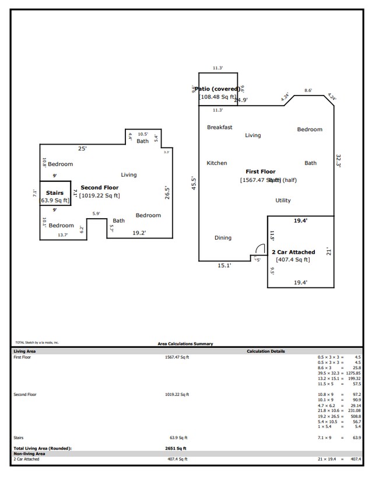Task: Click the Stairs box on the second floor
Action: (x=55, y=193)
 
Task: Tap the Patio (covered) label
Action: (x=217, y=89)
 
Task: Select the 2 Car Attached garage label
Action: (x=293, y=252)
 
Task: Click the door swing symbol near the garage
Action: (x=260, y=250)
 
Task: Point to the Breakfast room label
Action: (x=220, y=127)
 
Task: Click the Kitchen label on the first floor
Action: (x=217, y=163)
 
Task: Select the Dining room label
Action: (x=223, y=238)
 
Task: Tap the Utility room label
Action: (x=283, y=201)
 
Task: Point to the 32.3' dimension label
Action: (x=339, y=160)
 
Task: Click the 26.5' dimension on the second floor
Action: (x=167, y=192)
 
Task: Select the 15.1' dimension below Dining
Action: (x=224, y=266)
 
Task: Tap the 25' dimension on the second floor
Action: (x=82, y=149)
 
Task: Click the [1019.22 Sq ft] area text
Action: (x=99, y=195)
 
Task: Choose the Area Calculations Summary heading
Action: (x=185, y=344)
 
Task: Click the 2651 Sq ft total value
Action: (x=175, y=448)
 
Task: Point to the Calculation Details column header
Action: (x=266, y=352)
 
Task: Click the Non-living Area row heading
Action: (x=29, y=453)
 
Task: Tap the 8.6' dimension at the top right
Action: (x=308, y=90)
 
